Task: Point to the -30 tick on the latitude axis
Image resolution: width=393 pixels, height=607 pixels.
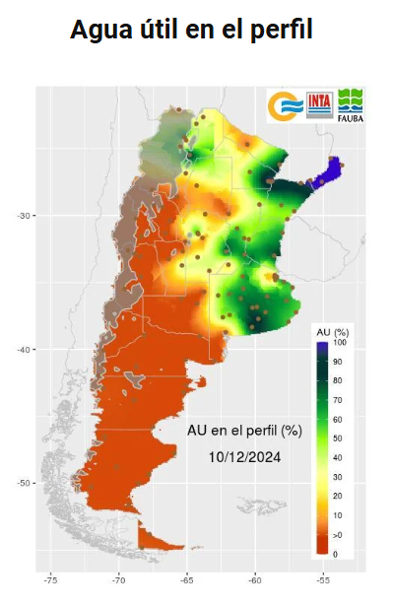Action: (27, 216)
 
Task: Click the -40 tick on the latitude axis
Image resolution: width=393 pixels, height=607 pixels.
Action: (27, 349)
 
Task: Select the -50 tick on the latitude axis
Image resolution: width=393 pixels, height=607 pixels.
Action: (27, 483)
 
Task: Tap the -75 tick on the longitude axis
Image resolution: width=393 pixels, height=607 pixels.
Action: (51, 581)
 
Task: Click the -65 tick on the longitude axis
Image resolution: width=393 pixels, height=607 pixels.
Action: (187, 581)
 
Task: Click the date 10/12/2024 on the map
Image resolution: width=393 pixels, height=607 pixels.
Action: (244, 456)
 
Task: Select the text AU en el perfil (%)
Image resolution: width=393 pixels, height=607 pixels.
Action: (244, 431)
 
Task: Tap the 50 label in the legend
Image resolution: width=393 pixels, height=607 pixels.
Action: (338, 438)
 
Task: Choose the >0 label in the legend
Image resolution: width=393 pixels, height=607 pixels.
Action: (338, 534)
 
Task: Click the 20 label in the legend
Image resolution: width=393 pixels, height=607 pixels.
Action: (338, 496)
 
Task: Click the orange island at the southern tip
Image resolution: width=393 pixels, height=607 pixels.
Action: (158, 539)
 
